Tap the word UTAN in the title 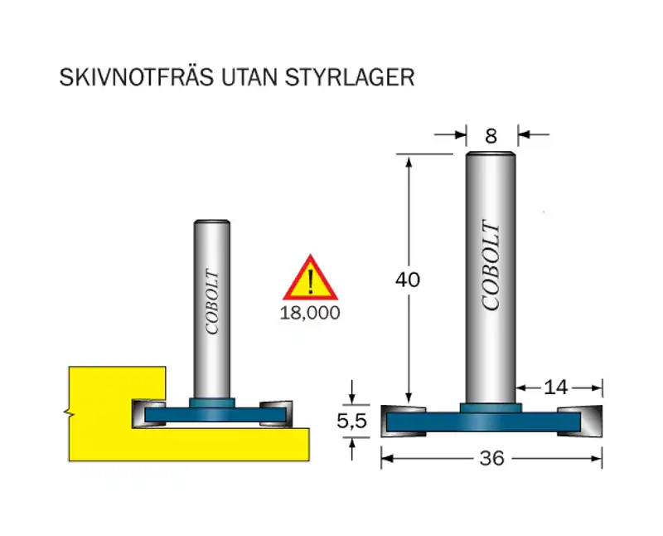coord(245,77)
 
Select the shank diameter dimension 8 coord(491,135)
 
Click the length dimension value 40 coord(407,280)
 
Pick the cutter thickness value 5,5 coord(351,421)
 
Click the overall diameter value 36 coord(491,458)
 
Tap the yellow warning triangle coord(310,280)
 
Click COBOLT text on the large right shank coord(491,266)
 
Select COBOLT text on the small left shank coord(211,303)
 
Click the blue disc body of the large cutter coord(491,423)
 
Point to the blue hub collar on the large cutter coord(491,407)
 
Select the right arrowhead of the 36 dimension coord(596,458)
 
